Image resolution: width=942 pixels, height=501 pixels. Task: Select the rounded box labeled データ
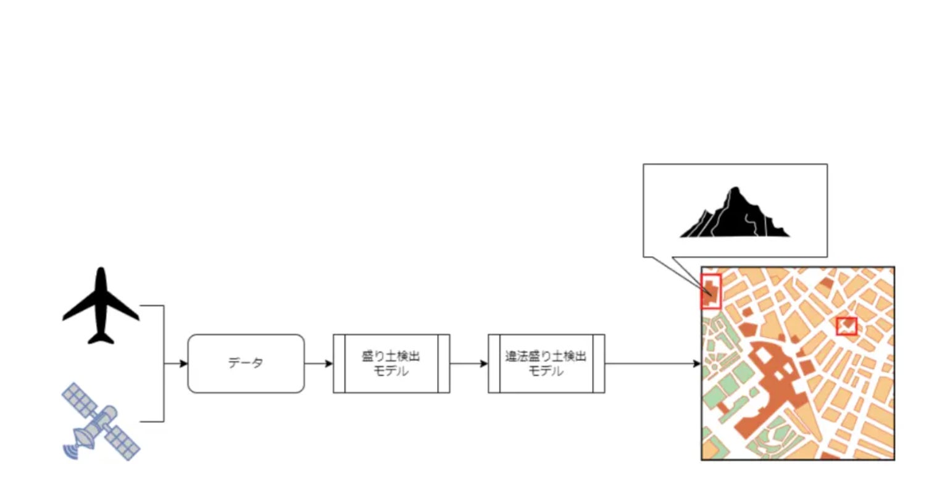[246, 363]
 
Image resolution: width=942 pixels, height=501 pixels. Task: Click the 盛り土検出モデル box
[391, 363]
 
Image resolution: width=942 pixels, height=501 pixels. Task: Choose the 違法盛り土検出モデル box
[546, 363]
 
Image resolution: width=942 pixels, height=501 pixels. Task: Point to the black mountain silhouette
[735, 216]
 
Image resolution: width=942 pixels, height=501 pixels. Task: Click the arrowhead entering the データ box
[183, 363]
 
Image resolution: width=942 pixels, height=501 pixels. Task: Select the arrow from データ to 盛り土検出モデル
[319, 363]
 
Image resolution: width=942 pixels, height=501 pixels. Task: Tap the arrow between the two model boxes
[469, 363]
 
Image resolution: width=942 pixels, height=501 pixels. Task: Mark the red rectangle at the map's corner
[711, 291]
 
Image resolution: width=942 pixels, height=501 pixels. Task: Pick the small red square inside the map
[846, 326]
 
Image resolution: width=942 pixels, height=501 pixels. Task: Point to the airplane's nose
[101, 271]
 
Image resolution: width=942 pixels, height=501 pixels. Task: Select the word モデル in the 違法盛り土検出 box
[546, 371]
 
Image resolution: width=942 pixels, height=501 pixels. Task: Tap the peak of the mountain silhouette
[735, 188]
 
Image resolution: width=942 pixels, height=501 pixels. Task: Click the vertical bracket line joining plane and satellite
[164, 363]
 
